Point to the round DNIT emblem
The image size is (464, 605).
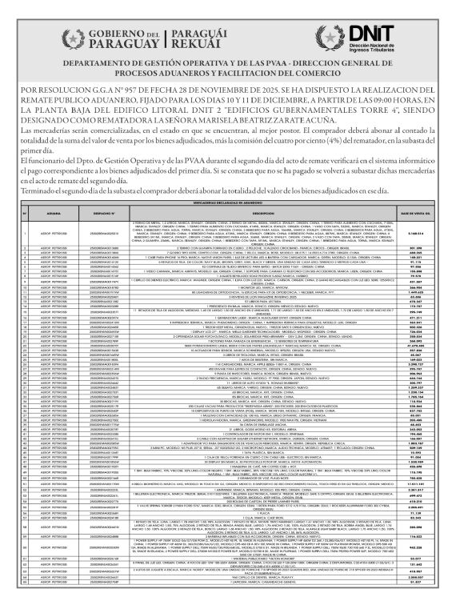pyautogui.click(x=327, y=36)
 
